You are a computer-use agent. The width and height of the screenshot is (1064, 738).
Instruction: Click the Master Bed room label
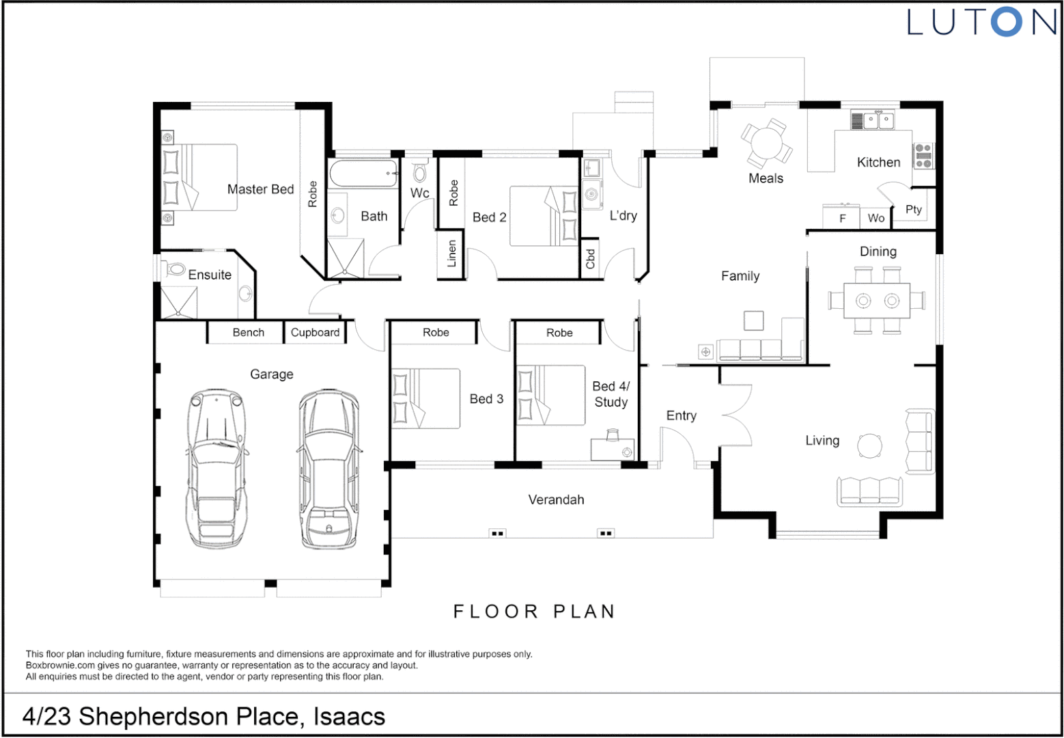[260, 189]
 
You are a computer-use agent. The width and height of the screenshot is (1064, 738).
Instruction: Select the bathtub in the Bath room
[363, 174]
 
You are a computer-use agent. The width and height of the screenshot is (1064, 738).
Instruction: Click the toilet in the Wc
[419, 172]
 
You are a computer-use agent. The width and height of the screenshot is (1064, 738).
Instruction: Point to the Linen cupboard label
[451, 254]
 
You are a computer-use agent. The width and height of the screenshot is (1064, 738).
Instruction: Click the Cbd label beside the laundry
[590, 259]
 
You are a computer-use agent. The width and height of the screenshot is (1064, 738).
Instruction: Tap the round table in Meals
[767, 143]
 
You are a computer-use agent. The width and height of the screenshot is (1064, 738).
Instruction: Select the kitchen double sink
[878, 120]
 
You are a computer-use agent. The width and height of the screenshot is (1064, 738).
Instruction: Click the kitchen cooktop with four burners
[923, 156]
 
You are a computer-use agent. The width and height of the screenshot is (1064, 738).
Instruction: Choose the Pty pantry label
[914, 209]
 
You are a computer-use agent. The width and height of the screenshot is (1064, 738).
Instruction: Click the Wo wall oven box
[876, 218]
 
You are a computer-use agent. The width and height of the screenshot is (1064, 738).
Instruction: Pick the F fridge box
[841, 218]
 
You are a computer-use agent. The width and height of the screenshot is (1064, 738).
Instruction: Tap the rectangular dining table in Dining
[877, 301]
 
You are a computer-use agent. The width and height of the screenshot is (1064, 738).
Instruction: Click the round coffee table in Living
[870, 446]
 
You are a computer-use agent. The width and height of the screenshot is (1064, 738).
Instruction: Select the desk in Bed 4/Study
[613, 449]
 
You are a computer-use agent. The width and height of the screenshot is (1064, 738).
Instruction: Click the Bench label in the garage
[249, 332]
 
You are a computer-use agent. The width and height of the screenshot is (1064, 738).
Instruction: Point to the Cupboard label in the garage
[315, 332]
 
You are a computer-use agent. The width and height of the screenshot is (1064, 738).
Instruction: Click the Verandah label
[556, 500]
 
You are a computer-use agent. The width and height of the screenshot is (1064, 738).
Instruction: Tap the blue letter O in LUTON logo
[1007, 22]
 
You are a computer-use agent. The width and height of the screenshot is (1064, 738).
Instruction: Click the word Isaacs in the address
[349, 717]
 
